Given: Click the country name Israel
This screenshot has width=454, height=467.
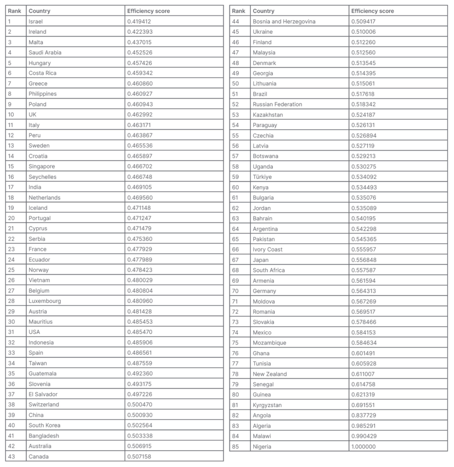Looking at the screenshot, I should coord(36,22).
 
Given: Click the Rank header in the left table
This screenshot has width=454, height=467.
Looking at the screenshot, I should coord(14,11).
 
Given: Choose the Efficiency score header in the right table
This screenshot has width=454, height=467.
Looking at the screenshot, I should coord(372,11).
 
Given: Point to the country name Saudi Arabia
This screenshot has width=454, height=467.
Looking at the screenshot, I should coord(45,53).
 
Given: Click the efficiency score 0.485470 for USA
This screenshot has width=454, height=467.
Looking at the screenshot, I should coord(139,332).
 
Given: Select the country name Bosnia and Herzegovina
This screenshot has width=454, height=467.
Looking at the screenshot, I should coord(284,22).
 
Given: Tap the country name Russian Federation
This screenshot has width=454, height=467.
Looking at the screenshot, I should coord(277,105).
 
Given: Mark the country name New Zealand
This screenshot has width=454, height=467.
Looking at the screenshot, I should coord(270,374).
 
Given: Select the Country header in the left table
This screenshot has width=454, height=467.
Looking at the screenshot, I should coord(39,11).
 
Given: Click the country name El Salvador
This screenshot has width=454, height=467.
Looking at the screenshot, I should coord(43,395).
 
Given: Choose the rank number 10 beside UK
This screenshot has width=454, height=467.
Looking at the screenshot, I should coord(12,115).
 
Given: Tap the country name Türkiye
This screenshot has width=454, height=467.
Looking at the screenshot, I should coord(262,177).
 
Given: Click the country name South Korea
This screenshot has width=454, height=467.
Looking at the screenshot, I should coord(44,426).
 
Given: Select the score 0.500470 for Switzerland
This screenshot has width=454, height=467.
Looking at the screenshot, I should coord(139,405).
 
